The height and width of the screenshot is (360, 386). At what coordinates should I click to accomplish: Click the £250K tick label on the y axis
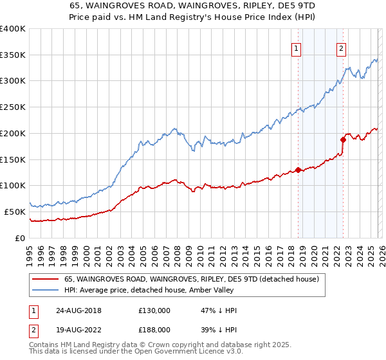tap(13, 107)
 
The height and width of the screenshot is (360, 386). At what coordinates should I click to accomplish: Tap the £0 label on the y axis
tap(21, 238)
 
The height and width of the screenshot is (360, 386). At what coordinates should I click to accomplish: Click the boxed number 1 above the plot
tap(297, 48)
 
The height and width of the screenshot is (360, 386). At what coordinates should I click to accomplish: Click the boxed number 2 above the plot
tap(340, 48)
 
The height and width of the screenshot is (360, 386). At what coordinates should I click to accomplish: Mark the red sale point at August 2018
tap(298, 170)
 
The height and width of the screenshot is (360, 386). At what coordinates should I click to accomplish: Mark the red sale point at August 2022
tap(343, 139)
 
